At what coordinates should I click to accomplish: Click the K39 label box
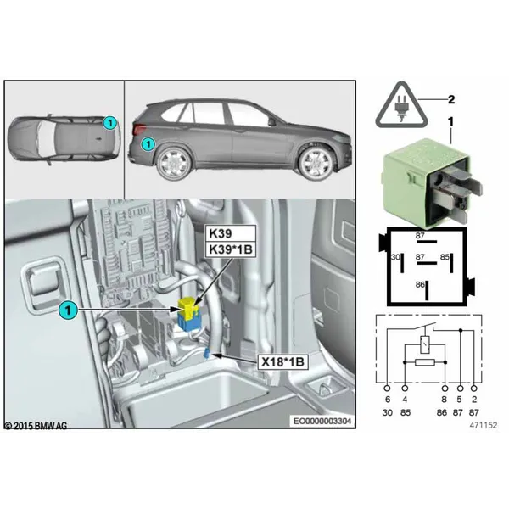coord(231,233)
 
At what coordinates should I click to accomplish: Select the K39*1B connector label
coord(231,249)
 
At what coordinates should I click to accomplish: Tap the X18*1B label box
coord(282,361)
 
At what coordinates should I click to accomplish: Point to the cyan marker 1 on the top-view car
coord(110,123)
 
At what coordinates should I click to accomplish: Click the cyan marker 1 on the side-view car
coord(148,143)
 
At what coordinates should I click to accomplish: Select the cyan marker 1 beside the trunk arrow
coord(68,310)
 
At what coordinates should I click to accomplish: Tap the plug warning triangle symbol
coord(402,106)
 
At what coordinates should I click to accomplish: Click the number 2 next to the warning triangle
coord(451,99)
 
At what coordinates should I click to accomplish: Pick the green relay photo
coord(432,182)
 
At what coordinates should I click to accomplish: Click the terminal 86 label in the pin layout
coord(420,285)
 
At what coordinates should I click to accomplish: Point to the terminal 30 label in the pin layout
coord(395,257)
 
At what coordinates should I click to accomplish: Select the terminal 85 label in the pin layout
coord(445,257)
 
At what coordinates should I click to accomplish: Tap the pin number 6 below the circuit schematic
coord(388,400)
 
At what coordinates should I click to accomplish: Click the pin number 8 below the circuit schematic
coord(445,400)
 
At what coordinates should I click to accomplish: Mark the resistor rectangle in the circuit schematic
coord(425,362)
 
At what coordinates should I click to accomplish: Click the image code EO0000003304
coord(322,421)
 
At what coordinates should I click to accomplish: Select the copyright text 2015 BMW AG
coord(36,426)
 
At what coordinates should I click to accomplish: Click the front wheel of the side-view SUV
coord(316,163)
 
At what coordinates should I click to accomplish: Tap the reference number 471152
coord(483,425)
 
